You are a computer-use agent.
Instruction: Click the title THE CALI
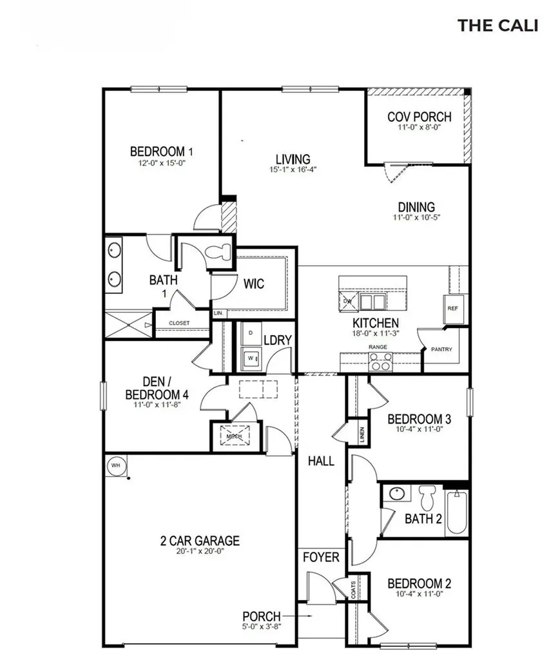497,25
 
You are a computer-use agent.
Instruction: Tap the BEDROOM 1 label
162,151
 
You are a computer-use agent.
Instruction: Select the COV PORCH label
419,117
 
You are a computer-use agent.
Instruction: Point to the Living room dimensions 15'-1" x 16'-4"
293,170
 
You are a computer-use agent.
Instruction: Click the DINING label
416,207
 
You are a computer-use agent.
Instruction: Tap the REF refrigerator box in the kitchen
452,307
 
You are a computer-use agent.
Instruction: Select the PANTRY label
441,349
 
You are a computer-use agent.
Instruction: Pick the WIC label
254,284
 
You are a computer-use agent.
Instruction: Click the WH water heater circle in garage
116,465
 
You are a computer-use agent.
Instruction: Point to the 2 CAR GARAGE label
200,541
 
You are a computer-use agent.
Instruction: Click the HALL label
320,461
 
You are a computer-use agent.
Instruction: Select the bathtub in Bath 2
456,512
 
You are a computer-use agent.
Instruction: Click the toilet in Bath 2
426,497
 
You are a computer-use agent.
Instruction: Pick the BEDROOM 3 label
419,420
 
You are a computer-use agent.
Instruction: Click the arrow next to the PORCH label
305,616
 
